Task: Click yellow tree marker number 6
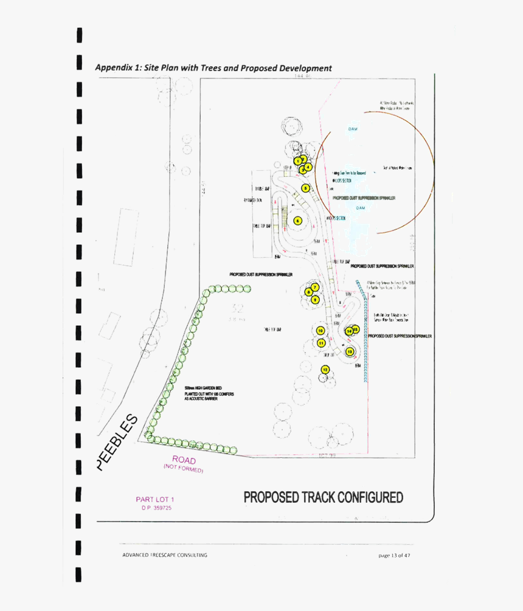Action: tap(297, 221)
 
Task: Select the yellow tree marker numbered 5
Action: tap(305, 188)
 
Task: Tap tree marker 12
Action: tap(325, 370)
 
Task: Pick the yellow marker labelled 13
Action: tap(349, 351)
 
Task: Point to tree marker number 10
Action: tap(320, 331)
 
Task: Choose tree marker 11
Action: tap(321, 343)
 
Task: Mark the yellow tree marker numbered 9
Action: tap(315, 299)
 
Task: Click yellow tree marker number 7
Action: tap(314, 286)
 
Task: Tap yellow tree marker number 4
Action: tap(308, 166)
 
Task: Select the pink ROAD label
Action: tap(184, 460)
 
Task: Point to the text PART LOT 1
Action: tap(154, 500)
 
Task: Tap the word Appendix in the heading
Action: tap(114, 68)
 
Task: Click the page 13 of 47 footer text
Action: tap(394, 555)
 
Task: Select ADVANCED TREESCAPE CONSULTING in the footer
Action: tap(164, 555)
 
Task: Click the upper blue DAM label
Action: tap(353, 129)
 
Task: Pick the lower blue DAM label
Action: tap(361, 207)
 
